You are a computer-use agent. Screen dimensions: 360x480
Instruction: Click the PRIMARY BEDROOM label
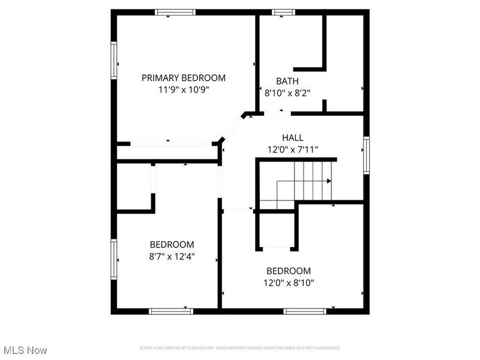[183, 77]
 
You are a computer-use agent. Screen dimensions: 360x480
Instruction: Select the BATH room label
[287, 81]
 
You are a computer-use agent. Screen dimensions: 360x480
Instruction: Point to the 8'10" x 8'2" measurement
[287, 93]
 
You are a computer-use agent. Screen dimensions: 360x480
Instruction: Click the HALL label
[292, 138]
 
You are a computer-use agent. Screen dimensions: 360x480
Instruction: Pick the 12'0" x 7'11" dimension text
[292, 149]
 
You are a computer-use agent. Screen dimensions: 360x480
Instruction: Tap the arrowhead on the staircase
[328, 181]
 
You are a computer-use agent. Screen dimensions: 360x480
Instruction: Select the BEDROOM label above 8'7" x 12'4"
[172, 244]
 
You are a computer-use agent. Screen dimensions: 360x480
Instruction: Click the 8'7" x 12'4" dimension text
[172, 256]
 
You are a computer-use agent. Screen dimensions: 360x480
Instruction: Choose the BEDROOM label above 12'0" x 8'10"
[289, 271]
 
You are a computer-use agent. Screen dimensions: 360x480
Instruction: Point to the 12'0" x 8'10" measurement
[289, 283]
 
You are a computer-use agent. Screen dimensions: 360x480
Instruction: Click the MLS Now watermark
[25, 350]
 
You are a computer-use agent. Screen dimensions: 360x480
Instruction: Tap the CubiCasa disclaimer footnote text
[240, 348]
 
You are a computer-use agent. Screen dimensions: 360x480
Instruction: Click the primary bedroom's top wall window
[175, 12]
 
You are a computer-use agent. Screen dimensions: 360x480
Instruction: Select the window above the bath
[283, 12]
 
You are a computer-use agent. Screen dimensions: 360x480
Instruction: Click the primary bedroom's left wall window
[113, 60]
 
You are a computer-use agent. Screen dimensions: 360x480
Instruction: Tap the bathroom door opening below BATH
[277, 113]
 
